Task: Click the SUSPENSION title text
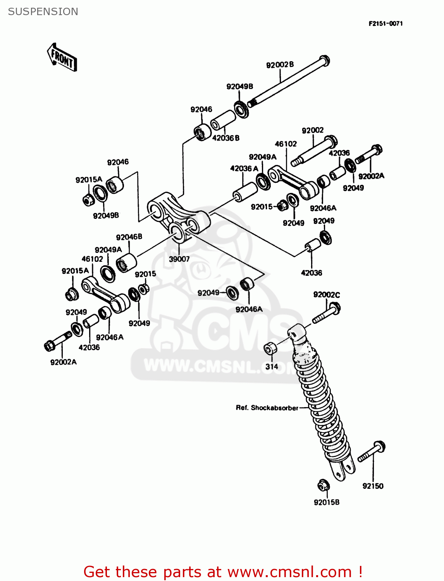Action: tap(43, 12)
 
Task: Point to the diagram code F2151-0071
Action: tap(385, 24)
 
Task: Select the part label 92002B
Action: tap(280, 65)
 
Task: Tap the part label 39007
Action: tap(179, 259)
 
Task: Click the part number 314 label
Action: tap(272, 366)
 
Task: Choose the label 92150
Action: tap(373, 486)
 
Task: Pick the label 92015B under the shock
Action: tap(326, 502)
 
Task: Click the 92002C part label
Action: tap(326, 295)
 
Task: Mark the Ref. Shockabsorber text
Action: tap(267, 408)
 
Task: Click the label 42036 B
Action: tap(225, 138)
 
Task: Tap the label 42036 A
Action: tap(244, 168)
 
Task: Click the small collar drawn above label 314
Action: tap(270, 348)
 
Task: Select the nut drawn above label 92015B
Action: tap(323, 485)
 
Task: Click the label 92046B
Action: tap(129, 237)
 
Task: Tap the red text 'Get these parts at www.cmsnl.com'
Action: tap(223, 572)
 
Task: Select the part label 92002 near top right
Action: tap(312, 131)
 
